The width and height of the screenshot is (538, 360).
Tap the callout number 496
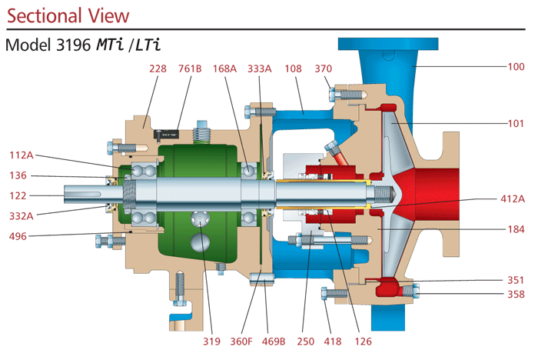tap(18, 237)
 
